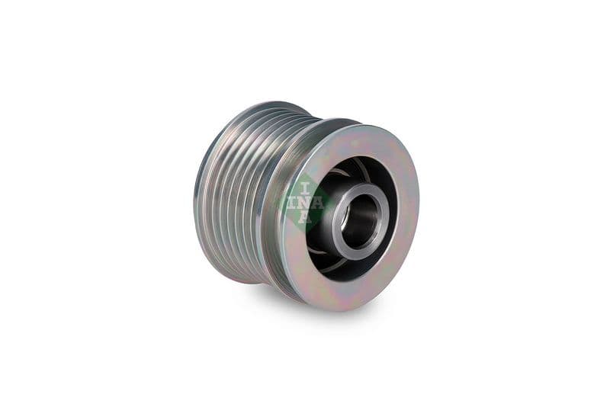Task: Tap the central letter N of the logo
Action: tap(305, 203)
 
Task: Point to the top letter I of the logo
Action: tap(305, 188)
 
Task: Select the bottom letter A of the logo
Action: tap(305, 217)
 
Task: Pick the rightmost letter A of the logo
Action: tap(318, 203)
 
